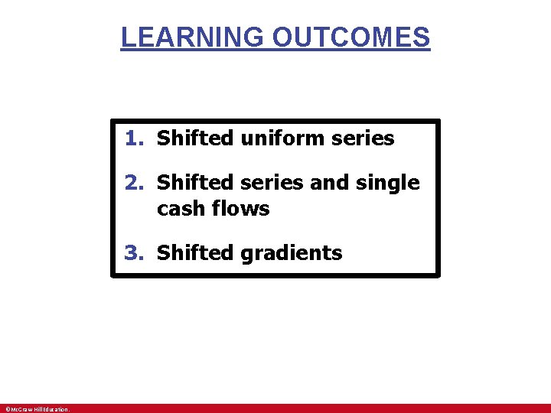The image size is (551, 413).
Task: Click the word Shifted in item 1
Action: pyautogui.click(x=194, y=138)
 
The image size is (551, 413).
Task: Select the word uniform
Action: pyautogui.click(x=275, y=138)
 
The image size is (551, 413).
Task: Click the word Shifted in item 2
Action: pyautogui.click(x=194, y=183)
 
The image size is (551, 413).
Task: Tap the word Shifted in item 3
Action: pyautogui.click(x=194, y=253)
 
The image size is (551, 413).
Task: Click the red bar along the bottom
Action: pyautogui.click(x=306, y=408)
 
